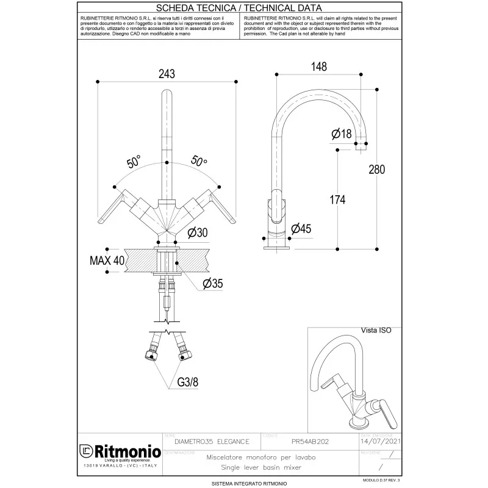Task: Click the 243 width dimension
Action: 167,74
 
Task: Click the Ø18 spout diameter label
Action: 342,134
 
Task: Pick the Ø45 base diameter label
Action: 301,229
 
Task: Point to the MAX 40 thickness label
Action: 107,260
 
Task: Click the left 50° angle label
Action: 134,162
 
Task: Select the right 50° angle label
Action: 199,162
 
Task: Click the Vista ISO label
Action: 376,330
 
